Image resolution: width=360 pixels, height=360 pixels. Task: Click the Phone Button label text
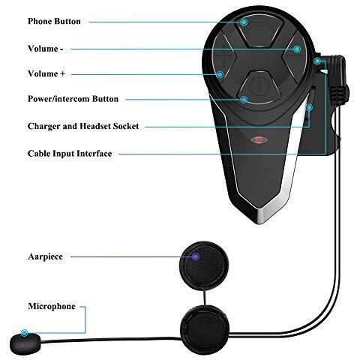54,21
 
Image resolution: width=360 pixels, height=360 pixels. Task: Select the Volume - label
46,49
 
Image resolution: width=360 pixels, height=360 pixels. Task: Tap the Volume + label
46,73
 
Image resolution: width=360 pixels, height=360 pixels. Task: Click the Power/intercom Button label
73,99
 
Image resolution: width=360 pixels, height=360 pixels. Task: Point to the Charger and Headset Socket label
83,126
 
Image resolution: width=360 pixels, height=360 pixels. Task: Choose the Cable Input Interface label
70,153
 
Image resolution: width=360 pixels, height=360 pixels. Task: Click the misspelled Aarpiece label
46,256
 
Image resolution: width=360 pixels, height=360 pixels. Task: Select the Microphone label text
52,306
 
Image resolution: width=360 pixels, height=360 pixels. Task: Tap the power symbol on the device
259,87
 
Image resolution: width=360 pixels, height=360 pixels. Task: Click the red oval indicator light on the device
259,140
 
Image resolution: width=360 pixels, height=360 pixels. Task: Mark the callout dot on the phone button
244,22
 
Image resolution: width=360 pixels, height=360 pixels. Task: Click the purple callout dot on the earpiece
196,256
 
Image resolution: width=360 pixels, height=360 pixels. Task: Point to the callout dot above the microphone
24,333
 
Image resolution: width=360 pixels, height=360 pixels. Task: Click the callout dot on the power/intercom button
244,100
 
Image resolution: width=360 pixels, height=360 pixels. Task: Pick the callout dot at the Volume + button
220,74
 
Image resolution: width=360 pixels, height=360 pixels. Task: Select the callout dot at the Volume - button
297,49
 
